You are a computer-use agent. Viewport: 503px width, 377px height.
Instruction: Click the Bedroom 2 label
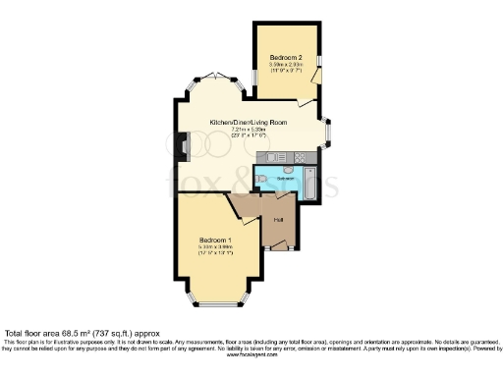[x=287, y=57]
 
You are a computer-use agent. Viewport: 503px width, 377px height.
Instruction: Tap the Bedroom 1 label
[x=215, y=241]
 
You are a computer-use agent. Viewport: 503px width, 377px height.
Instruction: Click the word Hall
[x=279, y=219]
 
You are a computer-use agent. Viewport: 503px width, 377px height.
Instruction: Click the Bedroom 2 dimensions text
[x=287, y=68]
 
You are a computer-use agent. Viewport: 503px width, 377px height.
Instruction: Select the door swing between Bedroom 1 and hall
[x=239, y=208]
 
